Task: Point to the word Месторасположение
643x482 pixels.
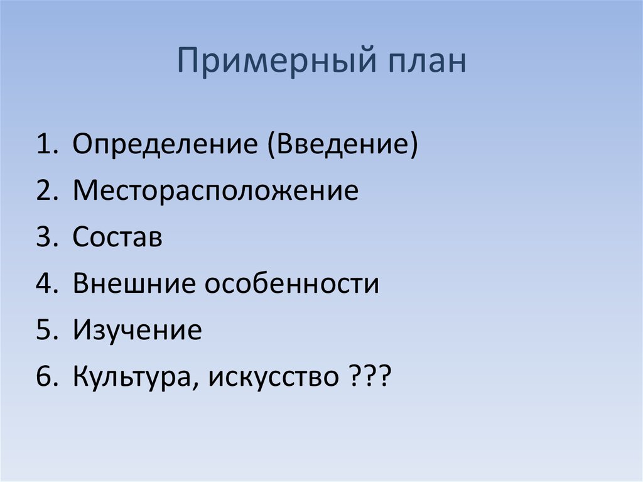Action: pyautogui.click(x=215, y=191)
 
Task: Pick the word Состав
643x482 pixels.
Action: pyautogui.click(x=117, y=238)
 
